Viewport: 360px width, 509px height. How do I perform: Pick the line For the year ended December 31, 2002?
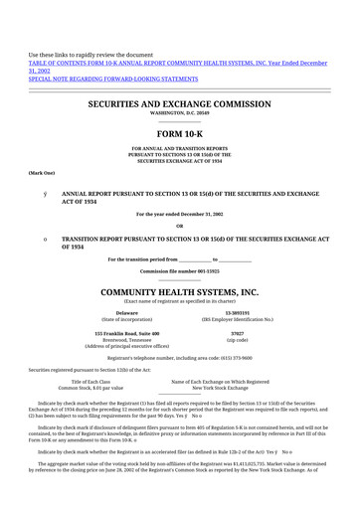pyautogui.click(x=179, y=214)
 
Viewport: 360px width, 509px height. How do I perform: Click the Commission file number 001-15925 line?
pyautogui.click(x=179, y=270)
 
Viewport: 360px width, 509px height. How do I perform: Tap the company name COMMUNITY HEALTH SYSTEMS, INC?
pyautogui.click(x=180, y=292)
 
